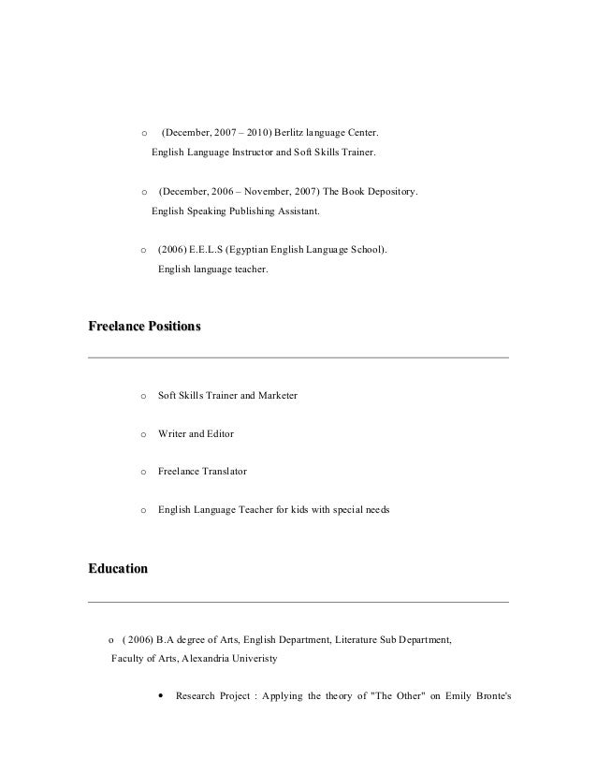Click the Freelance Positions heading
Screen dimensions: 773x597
[x=143, y=328]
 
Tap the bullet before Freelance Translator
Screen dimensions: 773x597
[x=142, y=473]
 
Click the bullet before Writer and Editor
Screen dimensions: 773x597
[x=142, y=435]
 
